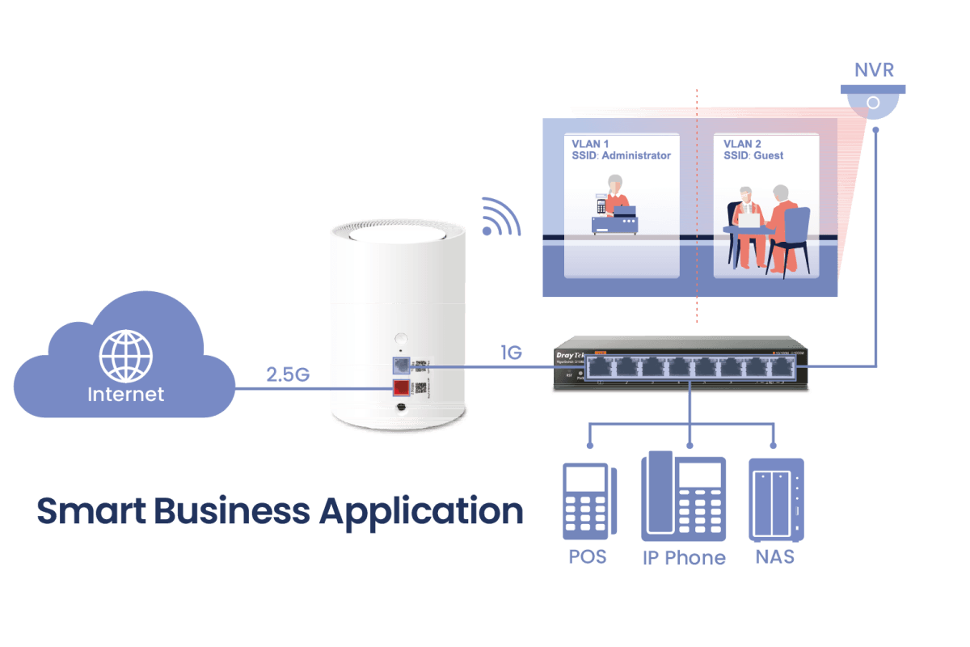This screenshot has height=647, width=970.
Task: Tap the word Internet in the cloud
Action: [125, 395]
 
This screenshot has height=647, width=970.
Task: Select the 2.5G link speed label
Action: [288, 375]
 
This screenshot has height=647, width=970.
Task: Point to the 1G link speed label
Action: [511, 353]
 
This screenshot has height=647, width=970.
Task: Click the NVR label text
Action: [875, 70]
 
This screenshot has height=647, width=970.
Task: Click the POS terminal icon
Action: [588, 502]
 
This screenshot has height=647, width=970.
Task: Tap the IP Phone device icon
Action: [684, 497]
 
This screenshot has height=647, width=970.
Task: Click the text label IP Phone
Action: [684, 557]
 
